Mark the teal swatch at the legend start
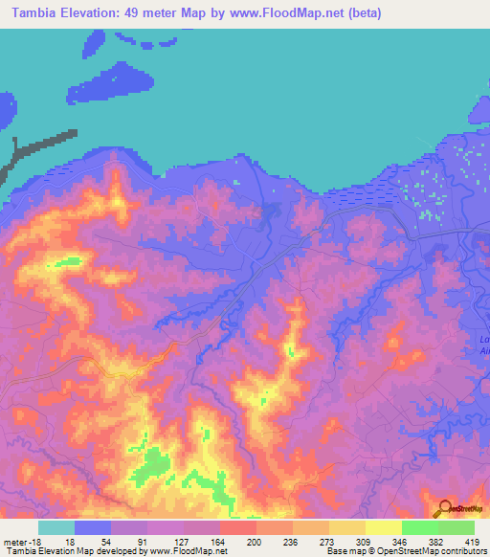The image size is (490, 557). click(x=56, y=527)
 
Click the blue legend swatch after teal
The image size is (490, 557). click(x=93, y=527)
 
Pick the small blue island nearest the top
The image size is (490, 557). click(x=93, y=43)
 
